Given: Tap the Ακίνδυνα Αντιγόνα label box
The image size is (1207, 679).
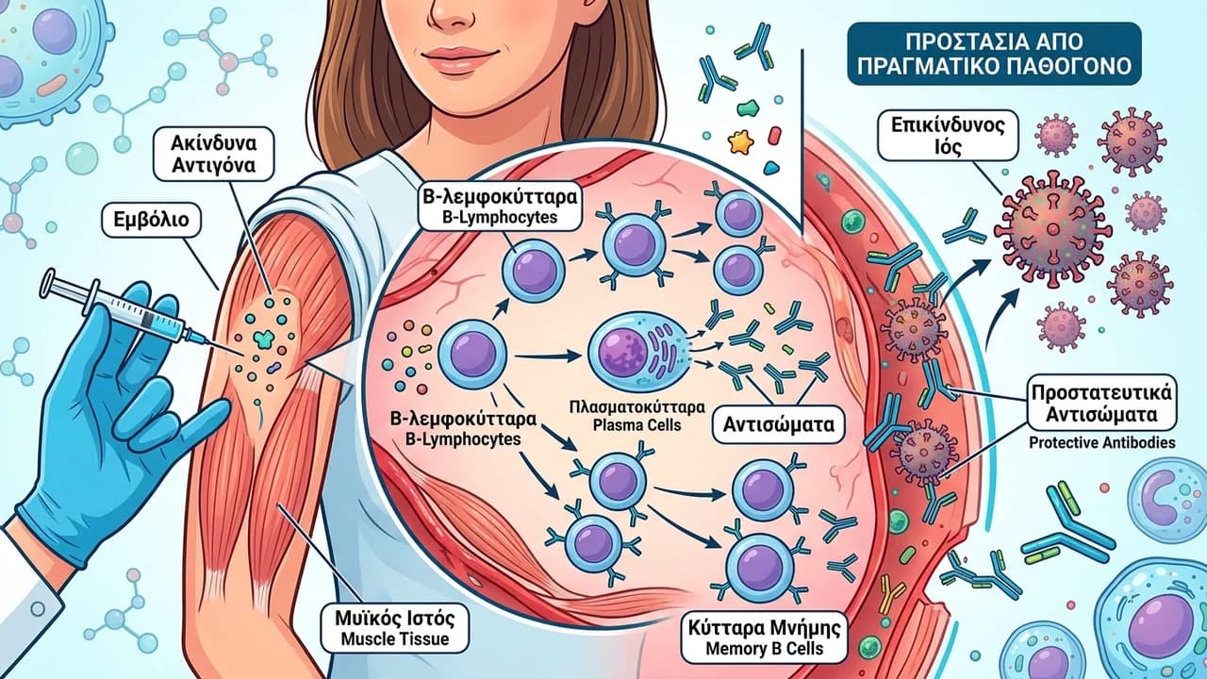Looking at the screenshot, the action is pyautogui.click(x=213, y=155).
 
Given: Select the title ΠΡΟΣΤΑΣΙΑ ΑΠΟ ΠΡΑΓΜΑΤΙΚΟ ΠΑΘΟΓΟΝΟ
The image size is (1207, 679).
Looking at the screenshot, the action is pyautogui.click(x=994, y=54).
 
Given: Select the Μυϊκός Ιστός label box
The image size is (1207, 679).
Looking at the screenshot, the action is pyautogui.click(x=395, y=628).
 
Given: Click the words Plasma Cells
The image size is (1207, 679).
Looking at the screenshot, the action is pyautogui.click(x=637, y=424).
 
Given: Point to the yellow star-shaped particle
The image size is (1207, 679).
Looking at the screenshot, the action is pyautogui.click(x=740, y=141).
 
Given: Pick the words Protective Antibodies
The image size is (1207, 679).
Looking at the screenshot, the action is pyautogui.click(x=1102, y=443).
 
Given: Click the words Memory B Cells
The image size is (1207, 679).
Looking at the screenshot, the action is pyautogui.click(x=764, y=649).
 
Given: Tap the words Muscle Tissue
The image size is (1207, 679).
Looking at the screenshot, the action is pyautogui.click(x=395, y=639).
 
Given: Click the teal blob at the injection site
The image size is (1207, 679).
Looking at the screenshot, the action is pyautogui.click(x=263, y=339).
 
